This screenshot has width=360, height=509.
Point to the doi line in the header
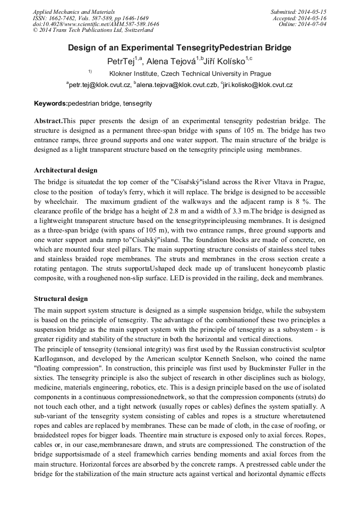[x=96, y=24]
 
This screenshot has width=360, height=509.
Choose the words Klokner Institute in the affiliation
[x=134, y=74]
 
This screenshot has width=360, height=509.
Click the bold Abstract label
[x=51, y=121]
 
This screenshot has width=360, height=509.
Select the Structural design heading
[x=61, y=299]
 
